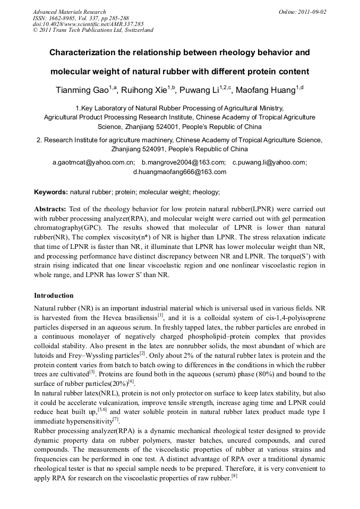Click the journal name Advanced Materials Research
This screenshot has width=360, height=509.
click(69, 12)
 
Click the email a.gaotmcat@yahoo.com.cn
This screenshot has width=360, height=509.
click(93, 162)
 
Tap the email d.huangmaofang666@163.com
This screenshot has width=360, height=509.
click(179, 172)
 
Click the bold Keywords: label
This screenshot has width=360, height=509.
click(51, 192)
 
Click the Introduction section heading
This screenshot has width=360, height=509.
click(54, 295)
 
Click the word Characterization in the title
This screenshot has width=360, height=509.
click(83, 54)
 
